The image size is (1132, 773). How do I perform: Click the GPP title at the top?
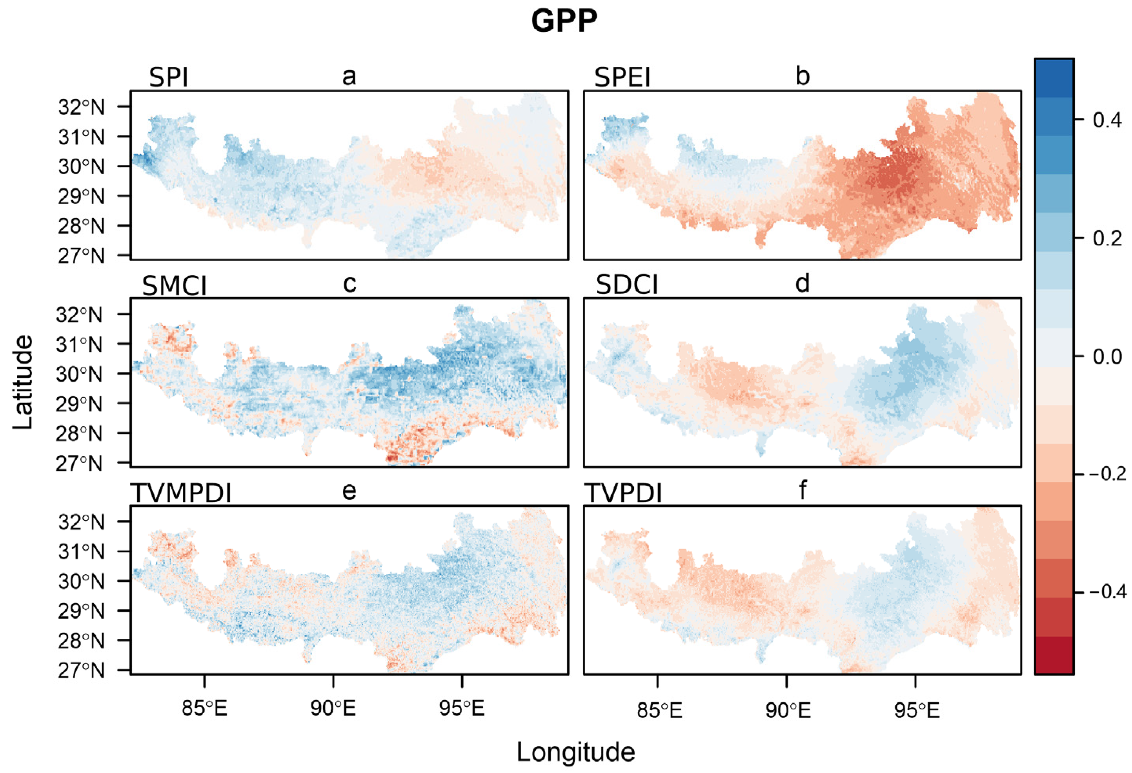[x=564, y=22]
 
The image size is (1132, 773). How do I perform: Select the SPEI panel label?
[x=622, y=77]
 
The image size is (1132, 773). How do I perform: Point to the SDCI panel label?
[x=626, y=285]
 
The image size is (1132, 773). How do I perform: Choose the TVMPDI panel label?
[x=181, y=493]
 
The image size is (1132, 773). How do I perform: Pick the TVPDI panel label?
[x=624, y=493]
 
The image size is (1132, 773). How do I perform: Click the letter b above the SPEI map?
[x=802, y=76]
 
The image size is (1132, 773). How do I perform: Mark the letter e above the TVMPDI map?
[x=349, y=490]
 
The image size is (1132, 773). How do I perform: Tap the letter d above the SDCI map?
[x=802, y=283]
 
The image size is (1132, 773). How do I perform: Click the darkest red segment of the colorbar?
[x=1054, y=655]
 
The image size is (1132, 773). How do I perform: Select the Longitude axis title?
[x=575, y=751]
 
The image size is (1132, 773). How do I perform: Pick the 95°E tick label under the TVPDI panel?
[x=917, y=711]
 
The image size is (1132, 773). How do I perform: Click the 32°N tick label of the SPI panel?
[x=81, y=107]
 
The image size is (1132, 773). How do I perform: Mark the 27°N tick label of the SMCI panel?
[x=79, y=463]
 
